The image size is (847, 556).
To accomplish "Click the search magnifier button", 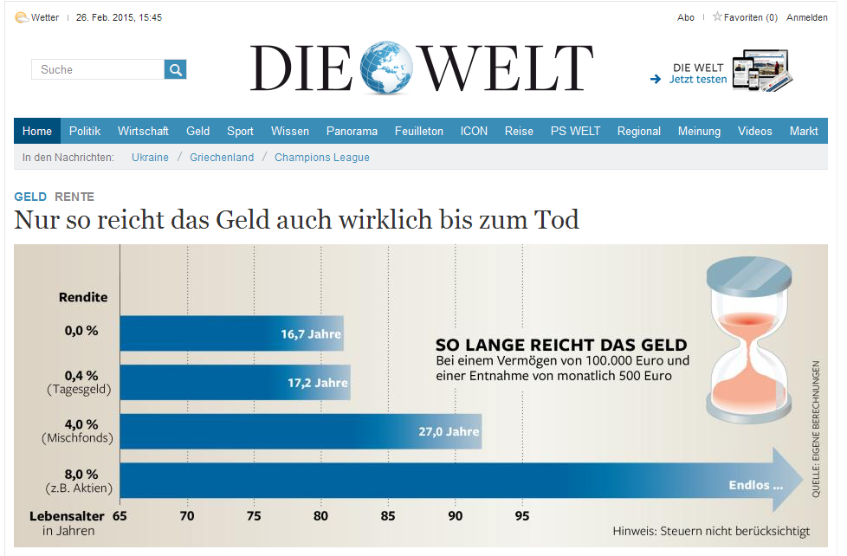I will [176, 69].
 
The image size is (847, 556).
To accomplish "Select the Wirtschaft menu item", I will [143, 131].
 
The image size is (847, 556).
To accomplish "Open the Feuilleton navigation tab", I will [418, 131].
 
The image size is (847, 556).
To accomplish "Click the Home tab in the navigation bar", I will [37, 131].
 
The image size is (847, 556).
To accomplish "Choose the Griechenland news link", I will [222, 157].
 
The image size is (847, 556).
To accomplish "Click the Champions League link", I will [322, 157].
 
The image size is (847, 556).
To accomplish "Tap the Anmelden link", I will [806, 17].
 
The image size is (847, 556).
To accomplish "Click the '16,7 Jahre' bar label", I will [311, 334].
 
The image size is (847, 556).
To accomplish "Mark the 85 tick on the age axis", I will [388, 516].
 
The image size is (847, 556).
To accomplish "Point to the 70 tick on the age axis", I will [186, 516].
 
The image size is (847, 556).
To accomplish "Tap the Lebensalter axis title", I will [67, 515].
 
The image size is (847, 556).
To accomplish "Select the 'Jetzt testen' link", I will [698, 80].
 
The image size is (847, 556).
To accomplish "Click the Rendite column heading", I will [83, 297].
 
